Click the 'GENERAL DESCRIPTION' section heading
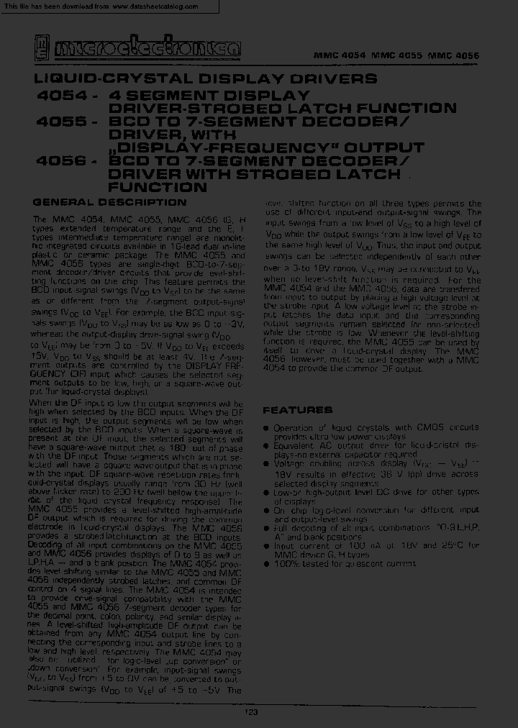(x=110, y=201)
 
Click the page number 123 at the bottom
(x=251, y=712)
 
